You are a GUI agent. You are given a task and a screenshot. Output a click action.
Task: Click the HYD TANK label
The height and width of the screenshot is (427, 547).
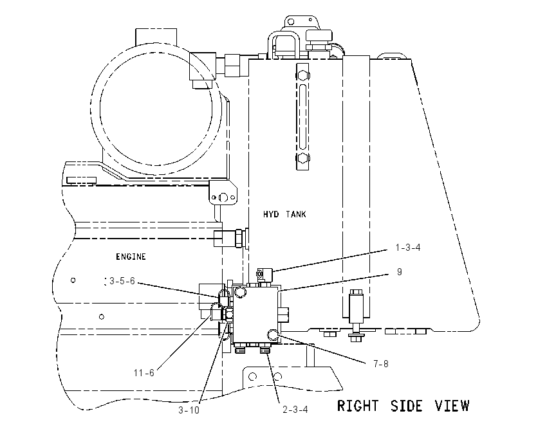[284, 214]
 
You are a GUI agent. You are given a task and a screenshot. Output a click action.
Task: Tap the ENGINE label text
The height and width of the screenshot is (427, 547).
[131, 257]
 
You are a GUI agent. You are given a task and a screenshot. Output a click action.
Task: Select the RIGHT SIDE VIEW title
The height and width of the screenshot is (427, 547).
[403, 406]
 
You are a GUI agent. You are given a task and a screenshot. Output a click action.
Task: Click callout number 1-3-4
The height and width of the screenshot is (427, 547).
[408, 248]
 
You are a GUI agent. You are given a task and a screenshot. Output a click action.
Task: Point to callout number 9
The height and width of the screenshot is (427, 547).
[400, 271]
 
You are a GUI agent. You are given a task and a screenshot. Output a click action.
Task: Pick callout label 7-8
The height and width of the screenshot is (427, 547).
[380, 364]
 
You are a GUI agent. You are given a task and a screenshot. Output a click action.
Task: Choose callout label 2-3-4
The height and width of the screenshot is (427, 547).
[295, 410]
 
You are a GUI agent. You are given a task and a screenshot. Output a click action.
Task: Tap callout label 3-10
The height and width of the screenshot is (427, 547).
[189, 410]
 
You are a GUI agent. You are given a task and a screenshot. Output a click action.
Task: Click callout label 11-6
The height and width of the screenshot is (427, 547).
[144, 373]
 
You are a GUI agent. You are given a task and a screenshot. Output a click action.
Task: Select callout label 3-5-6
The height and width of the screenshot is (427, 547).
[122, 281]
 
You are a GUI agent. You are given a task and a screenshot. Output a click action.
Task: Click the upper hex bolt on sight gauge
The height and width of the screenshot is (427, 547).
[303, 75]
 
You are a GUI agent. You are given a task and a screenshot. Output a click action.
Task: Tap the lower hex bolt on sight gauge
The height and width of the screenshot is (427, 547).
[303, 158]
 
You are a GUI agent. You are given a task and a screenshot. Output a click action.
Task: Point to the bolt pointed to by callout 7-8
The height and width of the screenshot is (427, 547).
[273, 335]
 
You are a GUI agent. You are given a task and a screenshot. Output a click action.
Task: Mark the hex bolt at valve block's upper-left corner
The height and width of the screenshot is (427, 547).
[240, 292]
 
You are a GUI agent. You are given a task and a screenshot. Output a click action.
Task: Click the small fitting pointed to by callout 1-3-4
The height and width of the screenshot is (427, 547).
[264, 275]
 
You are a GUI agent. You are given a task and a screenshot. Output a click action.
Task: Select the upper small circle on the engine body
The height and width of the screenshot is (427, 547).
[73, 280]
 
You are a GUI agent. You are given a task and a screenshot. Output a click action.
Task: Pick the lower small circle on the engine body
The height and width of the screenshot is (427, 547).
[102, 317]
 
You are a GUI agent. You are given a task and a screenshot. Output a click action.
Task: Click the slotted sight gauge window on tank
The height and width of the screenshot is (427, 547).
[302, 116]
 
